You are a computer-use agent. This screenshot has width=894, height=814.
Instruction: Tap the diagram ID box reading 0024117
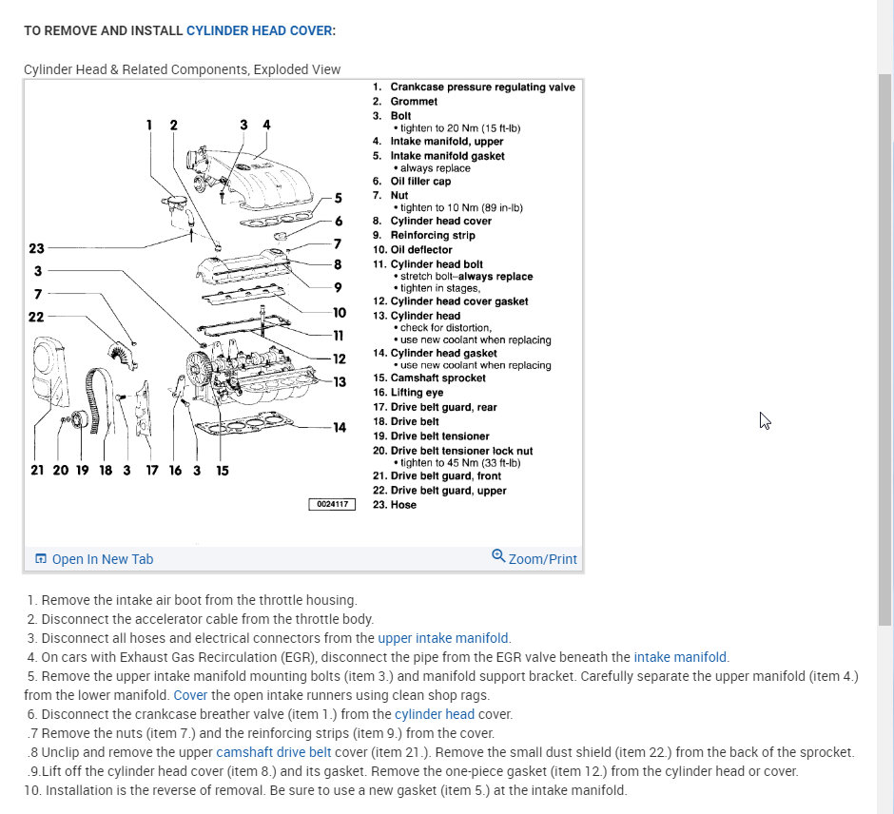tap(331, 504)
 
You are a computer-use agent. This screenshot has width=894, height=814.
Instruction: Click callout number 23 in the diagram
tap(36, 249)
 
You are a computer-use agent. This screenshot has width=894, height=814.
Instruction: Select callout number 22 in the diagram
tap(36, 317)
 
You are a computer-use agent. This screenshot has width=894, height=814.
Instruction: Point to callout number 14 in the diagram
tap(340, 427)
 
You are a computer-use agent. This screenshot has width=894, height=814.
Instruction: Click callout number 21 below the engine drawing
tap(37, 471)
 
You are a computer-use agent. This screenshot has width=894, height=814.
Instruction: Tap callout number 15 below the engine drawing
tap(223, 471)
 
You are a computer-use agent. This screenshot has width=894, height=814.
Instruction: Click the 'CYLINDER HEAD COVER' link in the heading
tap(259, 30)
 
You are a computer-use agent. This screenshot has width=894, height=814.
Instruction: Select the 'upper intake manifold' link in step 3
tap(443, 638)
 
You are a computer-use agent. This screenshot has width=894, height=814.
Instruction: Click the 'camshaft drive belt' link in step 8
tap(265, 752)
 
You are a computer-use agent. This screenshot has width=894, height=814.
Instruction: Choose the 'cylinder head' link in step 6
tap(435, 714)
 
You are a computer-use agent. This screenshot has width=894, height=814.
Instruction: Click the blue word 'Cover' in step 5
tap(189, 695)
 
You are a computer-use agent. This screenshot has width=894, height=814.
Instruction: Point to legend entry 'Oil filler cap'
tap(419, 181)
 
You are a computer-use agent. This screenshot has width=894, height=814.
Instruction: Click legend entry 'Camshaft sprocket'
tap(437, 378)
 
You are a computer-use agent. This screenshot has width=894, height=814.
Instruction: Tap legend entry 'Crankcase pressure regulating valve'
tap(481, 87)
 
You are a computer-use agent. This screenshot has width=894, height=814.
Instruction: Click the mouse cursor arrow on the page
tap(765, 420)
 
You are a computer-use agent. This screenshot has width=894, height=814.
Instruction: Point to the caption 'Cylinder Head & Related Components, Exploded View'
tap(182, 69)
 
